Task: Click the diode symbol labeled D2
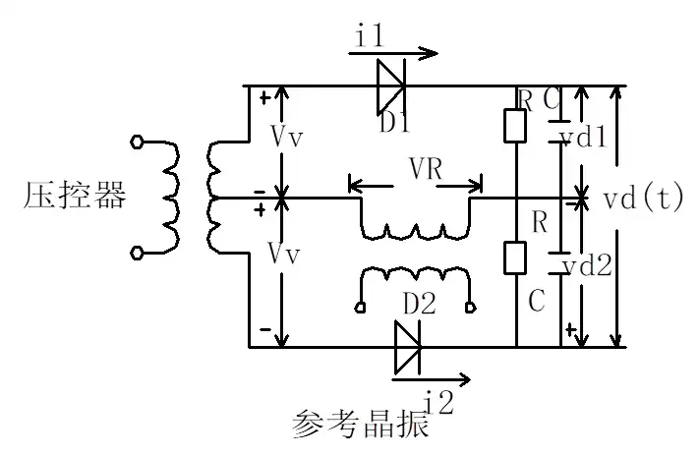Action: pyautogui.click(x=406, y=348)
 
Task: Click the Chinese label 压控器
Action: pyautogui.click(x=75, y=197)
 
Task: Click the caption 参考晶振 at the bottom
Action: pyautogui.click(x=360, y=426)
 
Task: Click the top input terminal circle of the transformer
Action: pyautogui.click(x=138, y=143)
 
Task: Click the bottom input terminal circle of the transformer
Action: pyautogui.click(x=138, y=254)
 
